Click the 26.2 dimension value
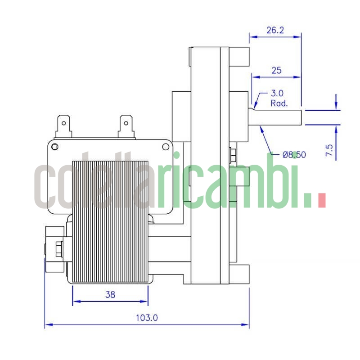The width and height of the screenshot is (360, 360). pos(275,31)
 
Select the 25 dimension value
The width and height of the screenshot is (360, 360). pos(276,70)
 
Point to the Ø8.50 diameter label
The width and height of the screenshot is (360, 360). pos(294,154)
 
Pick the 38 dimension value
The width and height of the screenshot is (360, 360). pos(110,295)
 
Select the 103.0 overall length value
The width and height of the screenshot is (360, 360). pos(147,318)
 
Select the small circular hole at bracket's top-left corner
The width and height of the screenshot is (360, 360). pos(55,147)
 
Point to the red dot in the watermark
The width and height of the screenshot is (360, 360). pos(321,200)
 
